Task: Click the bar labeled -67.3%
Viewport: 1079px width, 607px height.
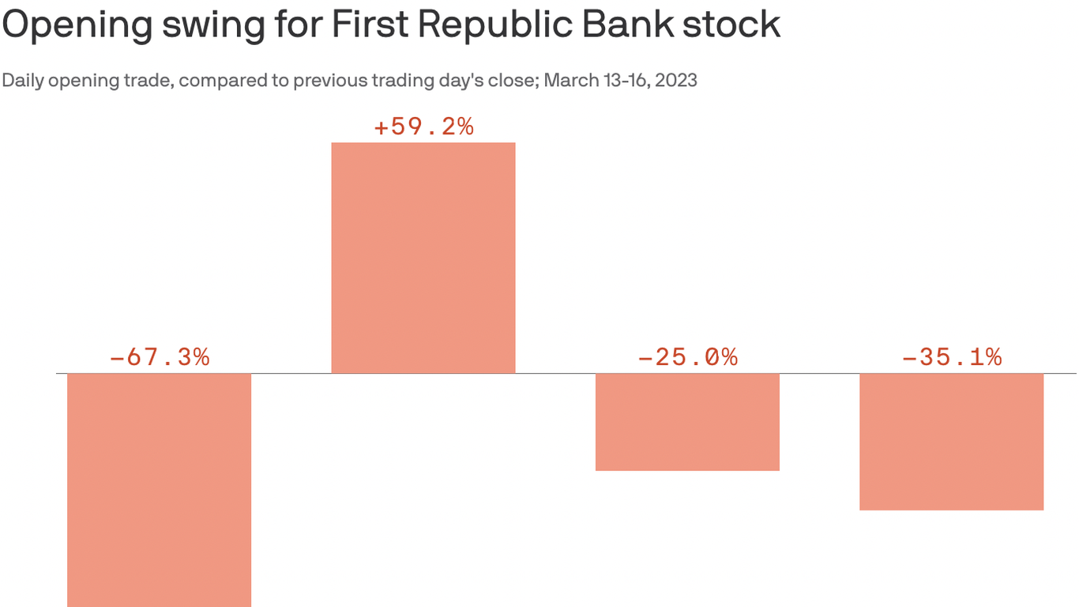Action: click(x=159, y=490)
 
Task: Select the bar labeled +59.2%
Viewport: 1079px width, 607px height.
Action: click(x=423, y=258)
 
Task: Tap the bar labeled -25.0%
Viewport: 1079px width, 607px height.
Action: click(x=687, y=422)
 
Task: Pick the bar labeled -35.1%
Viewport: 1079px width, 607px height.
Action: click(x=951, y=442)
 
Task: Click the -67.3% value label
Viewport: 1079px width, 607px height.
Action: click(x=159, y=357)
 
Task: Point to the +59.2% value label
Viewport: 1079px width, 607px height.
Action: click(x=423, y=126)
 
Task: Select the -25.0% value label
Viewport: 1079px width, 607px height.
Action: click(x=687, y=357)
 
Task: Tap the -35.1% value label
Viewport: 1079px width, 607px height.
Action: click(x=951, y=357)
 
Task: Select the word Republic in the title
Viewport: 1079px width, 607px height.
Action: click(x=494, y=25)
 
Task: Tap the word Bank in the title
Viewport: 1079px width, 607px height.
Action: click(x=627, y=25)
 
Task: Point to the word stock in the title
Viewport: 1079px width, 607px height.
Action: click(x=731, y=25)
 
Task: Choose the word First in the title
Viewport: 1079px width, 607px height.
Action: click(x=366, y=25)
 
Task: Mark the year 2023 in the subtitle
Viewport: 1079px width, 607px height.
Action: click(x=676, y=81)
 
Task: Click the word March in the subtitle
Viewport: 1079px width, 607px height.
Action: click(x=568, y=81)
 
